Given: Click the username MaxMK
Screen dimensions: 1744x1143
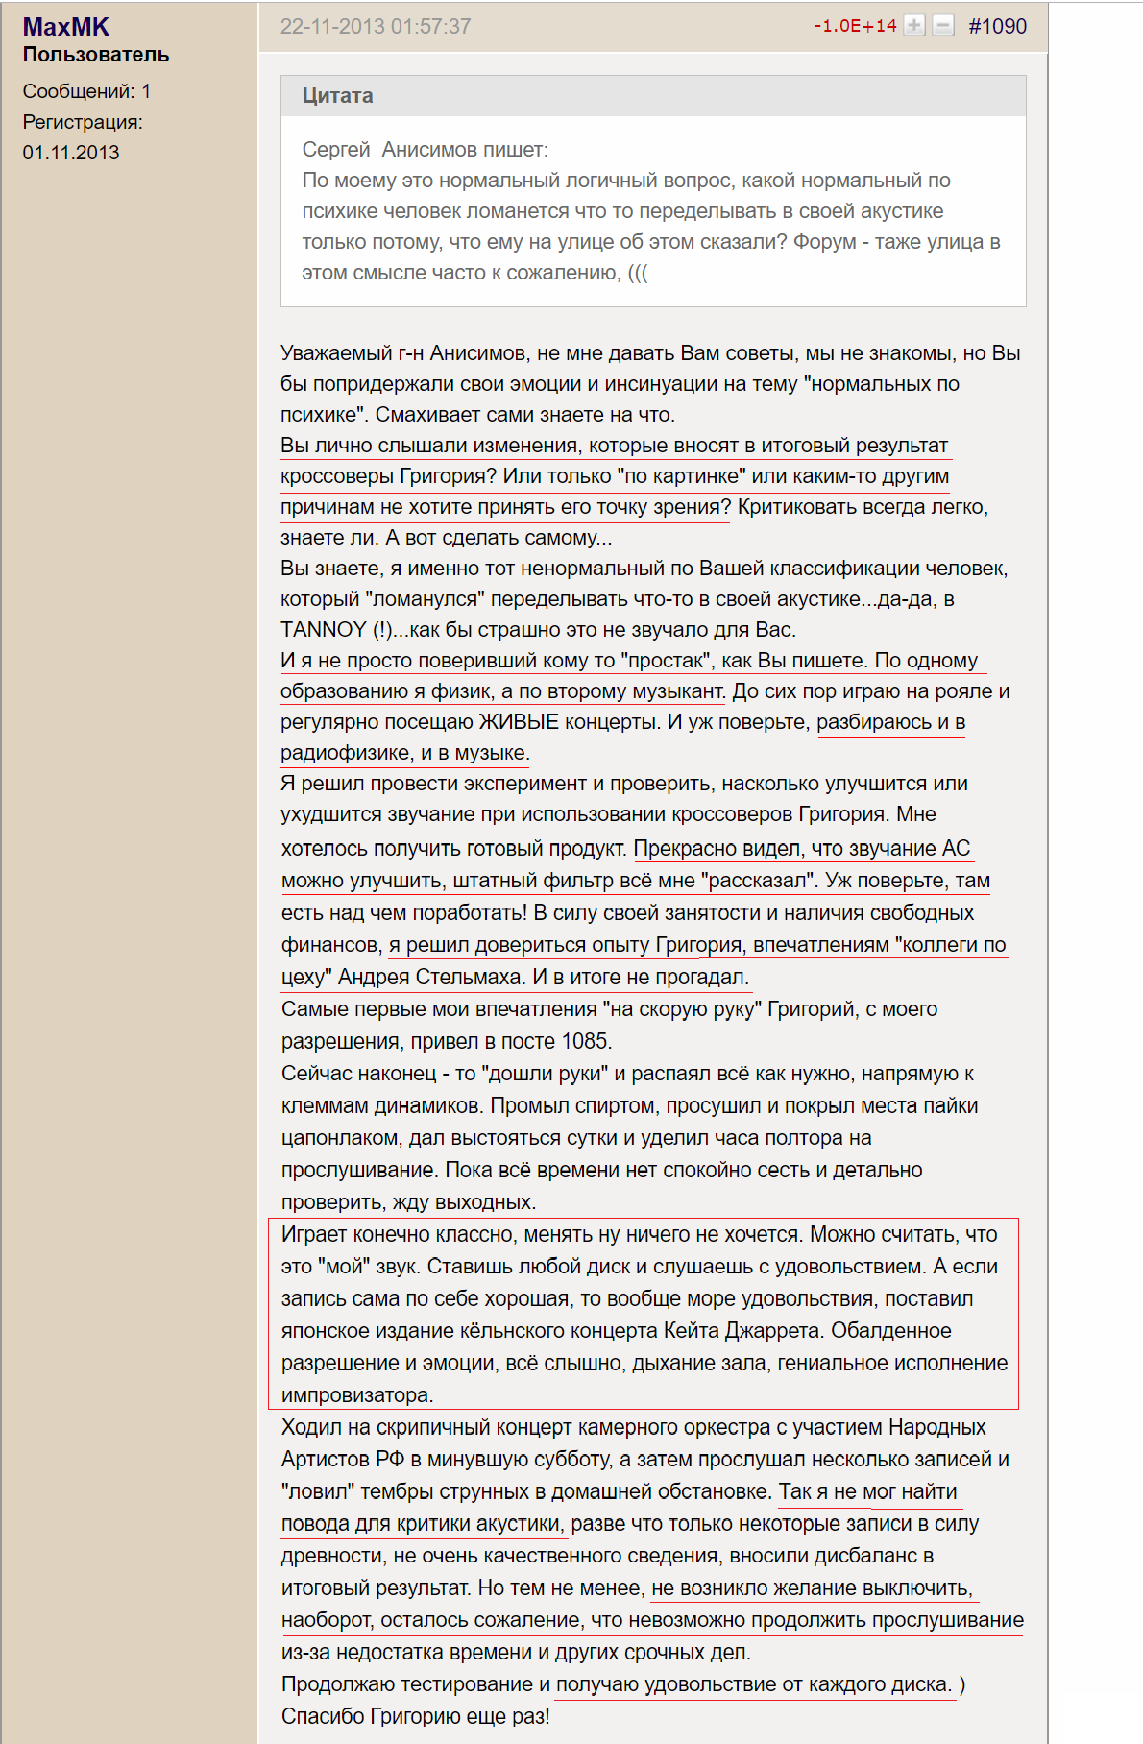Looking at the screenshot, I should [x=65, y=27].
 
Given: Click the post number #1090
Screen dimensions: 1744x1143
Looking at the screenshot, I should [x=997, y=27].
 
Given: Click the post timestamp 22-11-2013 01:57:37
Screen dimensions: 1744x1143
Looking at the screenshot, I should [x=375, y=27].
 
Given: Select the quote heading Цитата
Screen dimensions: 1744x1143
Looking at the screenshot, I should [x=337, y=96].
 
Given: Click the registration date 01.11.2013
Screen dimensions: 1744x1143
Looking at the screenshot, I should [x=71, y=153].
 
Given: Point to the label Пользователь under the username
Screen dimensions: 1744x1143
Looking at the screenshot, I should [x=96, y=55].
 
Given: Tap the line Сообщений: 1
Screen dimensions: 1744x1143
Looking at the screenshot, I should [x=86, y=92].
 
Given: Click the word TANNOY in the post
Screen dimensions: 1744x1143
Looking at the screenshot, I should [x=324, y=630].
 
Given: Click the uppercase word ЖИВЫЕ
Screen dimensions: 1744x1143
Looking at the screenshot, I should [x=519, y=722].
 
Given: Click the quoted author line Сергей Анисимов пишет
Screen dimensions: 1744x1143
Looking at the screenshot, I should [x=425, y=150].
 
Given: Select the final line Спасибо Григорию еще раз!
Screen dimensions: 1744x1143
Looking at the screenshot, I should [x=415, y=1716].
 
